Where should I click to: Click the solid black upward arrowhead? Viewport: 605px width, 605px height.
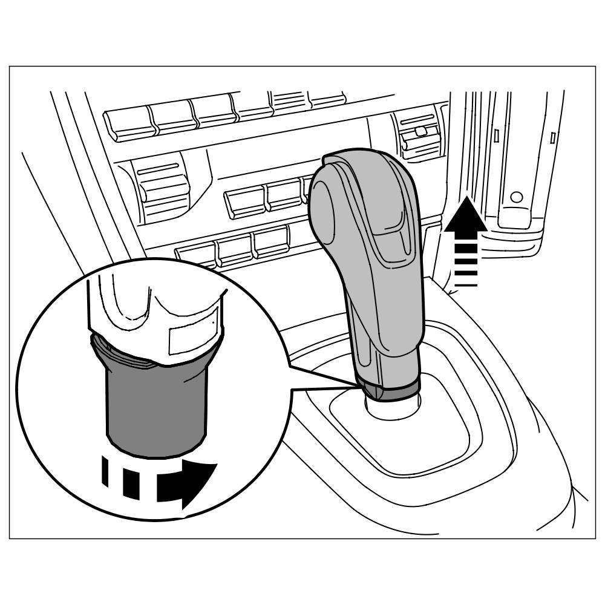coord(466,217)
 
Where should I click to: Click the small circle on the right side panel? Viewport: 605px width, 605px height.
coord(516,197)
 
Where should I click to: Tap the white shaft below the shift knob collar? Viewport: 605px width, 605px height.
coord(387,408)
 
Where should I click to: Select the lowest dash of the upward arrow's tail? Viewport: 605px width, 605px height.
coord(466,283)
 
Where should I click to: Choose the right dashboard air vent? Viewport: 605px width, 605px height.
coord(419,134)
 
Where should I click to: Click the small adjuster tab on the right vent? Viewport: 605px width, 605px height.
coord(422,129)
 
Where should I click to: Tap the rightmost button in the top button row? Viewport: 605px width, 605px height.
coord(327,98)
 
